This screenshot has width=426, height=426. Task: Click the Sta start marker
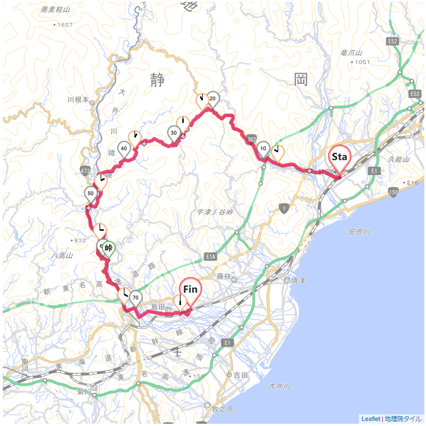coord(339,158)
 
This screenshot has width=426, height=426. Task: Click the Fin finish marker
coord(190,290)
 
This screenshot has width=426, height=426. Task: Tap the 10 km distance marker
coord(263,149)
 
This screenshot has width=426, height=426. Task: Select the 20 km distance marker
coord(212,99)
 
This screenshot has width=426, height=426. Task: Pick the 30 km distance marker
coord(174,133)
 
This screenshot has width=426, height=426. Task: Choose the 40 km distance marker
coord(124,148)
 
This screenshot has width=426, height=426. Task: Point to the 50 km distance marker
coord(90,193)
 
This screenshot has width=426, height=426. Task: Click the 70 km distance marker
coord(135,297)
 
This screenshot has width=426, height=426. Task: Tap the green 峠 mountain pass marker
coord(108,248)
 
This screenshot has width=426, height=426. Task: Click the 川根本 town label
coord(78,100)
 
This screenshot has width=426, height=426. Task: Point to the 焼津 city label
coord(298,281)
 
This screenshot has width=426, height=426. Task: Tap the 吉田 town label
coord(241,376)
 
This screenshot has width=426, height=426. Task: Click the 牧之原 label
coord(224,411)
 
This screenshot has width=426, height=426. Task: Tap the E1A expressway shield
coord(210,257)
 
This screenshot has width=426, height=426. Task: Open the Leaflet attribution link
coord(371,419)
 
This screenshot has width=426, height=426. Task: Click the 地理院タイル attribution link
coord(403,419)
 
